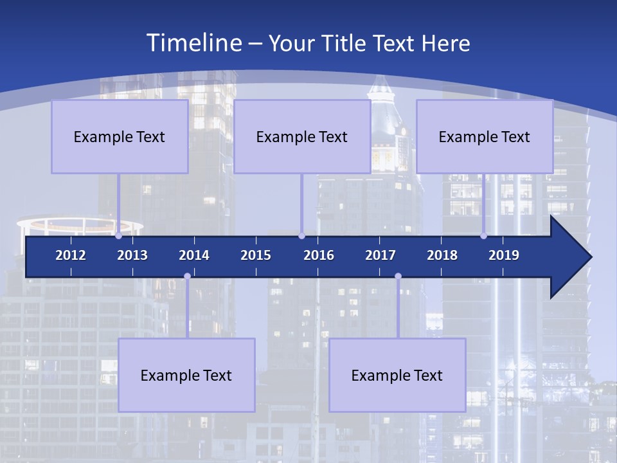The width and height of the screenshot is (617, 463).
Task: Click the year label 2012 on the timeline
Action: coord(71,255)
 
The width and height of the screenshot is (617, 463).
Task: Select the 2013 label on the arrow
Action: coord(132,255)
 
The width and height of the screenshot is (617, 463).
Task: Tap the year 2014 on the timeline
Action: coord(194,255)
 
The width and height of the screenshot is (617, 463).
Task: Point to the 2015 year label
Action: coord(256,255)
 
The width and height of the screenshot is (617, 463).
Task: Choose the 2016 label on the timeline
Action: coord(319,255)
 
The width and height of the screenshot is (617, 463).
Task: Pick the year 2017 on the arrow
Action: coord(380,255)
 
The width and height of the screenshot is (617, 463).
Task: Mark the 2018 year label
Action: coord(442,255)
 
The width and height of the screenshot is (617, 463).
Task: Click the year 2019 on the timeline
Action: coord(504,255)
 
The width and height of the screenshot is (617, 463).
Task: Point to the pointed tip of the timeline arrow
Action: coord(590,257)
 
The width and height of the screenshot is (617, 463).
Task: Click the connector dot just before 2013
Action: coord(118,236)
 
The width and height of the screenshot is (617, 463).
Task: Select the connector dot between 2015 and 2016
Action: coord(301,236)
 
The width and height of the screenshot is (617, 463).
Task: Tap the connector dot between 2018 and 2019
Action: coord(483,236)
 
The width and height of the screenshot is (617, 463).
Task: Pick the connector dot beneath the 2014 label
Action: coord(187,277)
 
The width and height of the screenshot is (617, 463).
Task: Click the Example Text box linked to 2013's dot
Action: coord(120,136)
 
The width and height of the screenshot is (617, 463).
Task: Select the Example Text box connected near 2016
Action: coord(302,136)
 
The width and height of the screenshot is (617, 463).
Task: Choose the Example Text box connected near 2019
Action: coord(485,136)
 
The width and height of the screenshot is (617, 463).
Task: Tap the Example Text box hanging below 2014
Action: coord(186,375)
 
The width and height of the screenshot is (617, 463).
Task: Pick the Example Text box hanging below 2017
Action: coord(397,375)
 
